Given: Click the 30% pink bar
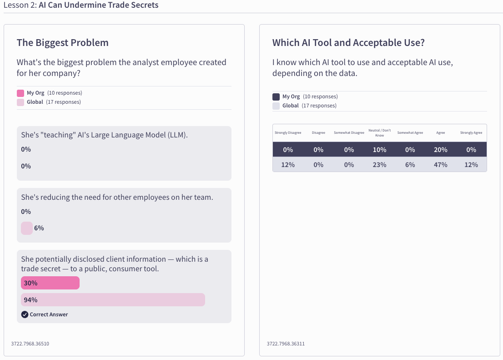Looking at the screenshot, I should pos(50,283).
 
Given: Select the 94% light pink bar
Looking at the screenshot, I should pos(113,300).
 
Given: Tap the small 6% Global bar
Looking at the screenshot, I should pos(27,228).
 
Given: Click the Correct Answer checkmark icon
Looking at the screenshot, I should pos(25,314).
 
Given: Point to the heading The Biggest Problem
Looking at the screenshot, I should pos(63,43).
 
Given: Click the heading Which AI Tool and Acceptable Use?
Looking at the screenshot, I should pos(348,43).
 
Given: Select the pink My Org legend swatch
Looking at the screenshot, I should pos(20,93).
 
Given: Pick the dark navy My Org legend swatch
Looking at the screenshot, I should pos(276,96).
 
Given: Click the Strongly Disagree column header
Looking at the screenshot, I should pos(288,133).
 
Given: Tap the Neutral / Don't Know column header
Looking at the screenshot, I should pos(379,133).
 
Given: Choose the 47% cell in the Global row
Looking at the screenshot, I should pos(441,165).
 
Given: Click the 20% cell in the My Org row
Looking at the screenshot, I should pos(441,150).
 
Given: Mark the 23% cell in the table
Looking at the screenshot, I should pos(379,165).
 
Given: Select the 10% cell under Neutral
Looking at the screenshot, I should pos(379,150).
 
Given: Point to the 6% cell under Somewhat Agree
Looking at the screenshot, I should pos(410,165).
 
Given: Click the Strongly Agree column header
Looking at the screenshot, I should pos(471,133).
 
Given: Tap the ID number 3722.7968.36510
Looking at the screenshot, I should pos(30,344).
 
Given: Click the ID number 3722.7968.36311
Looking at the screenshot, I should pos(286,344).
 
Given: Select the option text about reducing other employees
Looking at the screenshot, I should pos(117,198).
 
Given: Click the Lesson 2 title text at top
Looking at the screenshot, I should pos(81,5).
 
